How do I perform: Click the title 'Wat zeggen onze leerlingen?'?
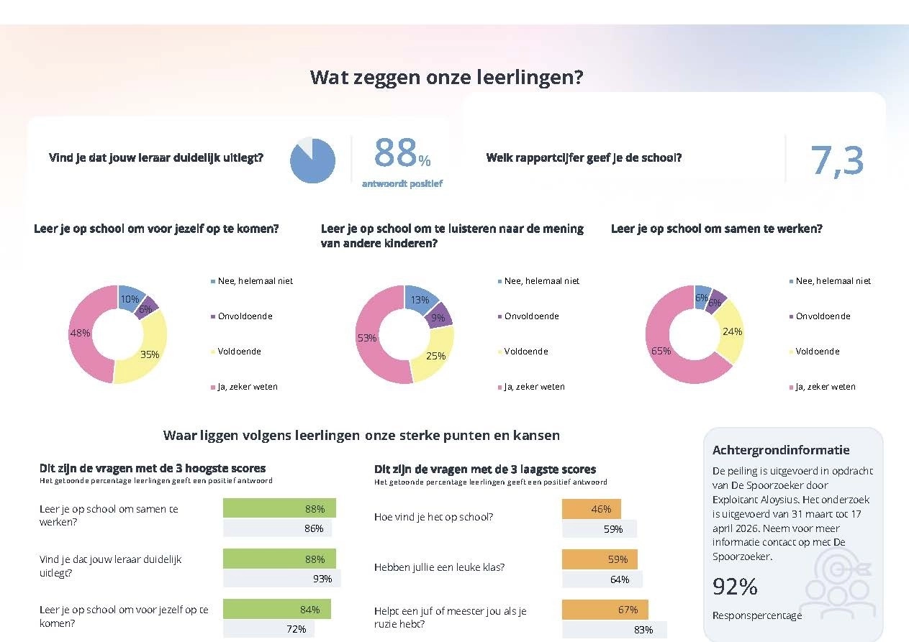pos(446,77)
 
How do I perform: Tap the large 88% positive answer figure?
pos(402,152)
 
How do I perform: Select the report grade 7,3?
pos(837,161)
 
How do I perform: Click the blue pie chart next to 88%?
pos(312,160)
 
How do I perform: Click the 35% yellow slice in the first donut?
pos(148,352)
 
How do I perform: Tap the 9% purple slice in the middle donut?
pos(439,316)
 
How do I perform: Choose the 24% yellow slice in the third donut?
pos(731,332)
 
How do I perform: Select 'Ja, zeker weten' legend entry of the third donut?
pos(822,387)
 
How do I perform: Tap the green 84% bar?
pos(277,609)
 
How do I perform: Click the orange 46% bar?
pos(592,509)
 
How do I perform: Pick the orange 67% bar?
pos(605,609)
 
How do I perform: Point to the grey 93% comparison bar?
pos(281,578)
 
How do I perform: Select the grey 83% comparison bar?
pos(615,630)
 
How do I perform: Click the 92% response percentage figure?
pos(735,587)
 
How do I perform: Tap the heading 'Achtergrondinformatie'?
pos(781,450)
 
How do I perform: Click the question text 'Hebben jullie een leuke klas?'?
pos(440,567)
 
